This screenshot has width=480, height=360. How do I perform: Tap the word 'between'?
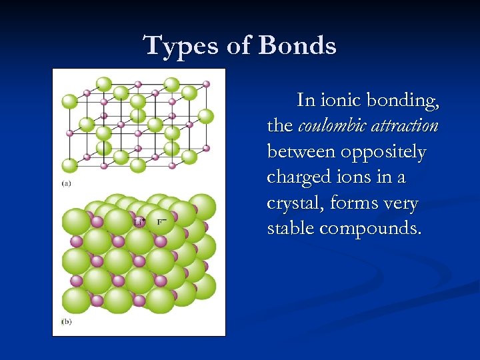coord(301,152)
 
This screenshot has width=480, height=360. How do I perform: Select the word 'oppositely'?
coord(383,152)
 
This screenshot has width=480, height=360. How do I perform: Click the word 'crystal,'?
coord(293,203)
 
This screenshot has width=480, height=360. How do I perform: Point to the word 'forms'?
coord(351,203)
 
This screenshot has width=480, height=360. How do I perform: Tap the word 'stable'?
coord(291,228)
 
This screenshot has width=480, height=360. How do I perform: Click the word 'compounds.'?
coord(371,228)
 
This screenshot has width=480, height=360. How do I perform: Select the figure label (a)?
coord(67,183)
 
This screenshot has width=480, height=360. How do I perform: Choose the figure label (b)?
coord(67,321)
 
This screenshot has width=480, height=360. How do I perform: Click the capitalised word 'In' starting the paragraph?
coord(306,101)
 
